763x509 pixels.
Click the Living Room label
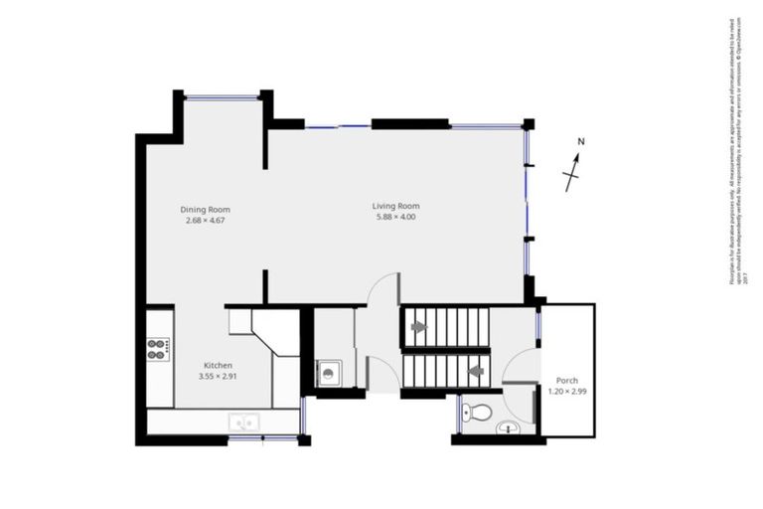coord(394,206)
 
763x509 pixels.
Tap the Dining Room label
coord(206,209)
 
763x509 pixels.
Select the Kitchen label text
coord(218,365)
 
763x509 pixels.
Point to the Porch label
coord(567,381)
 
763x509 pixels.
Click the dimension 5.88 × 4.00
coord(394,217)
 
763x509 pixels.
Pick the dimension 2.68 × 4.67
coord(206,220)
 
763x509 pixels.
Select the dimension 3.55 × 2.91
coord(218,376)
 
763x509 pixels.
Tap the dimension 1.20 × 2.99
coord(567,392)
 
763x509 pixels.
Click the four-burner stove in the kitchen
coord(158,348)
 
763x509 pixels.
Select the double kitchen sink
coord(242,423)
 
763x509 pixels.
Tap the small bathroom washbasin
coord(507,428)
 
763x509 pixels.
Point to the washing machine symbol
coord(329,373)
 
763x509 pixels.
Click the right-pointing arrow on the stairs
coord(418,325)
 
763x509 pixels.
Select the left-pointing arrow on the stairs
coord(476,371)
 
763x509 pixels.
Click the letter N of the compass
coord(581,141)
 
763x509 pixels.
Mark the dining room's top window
coord(224,95)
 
